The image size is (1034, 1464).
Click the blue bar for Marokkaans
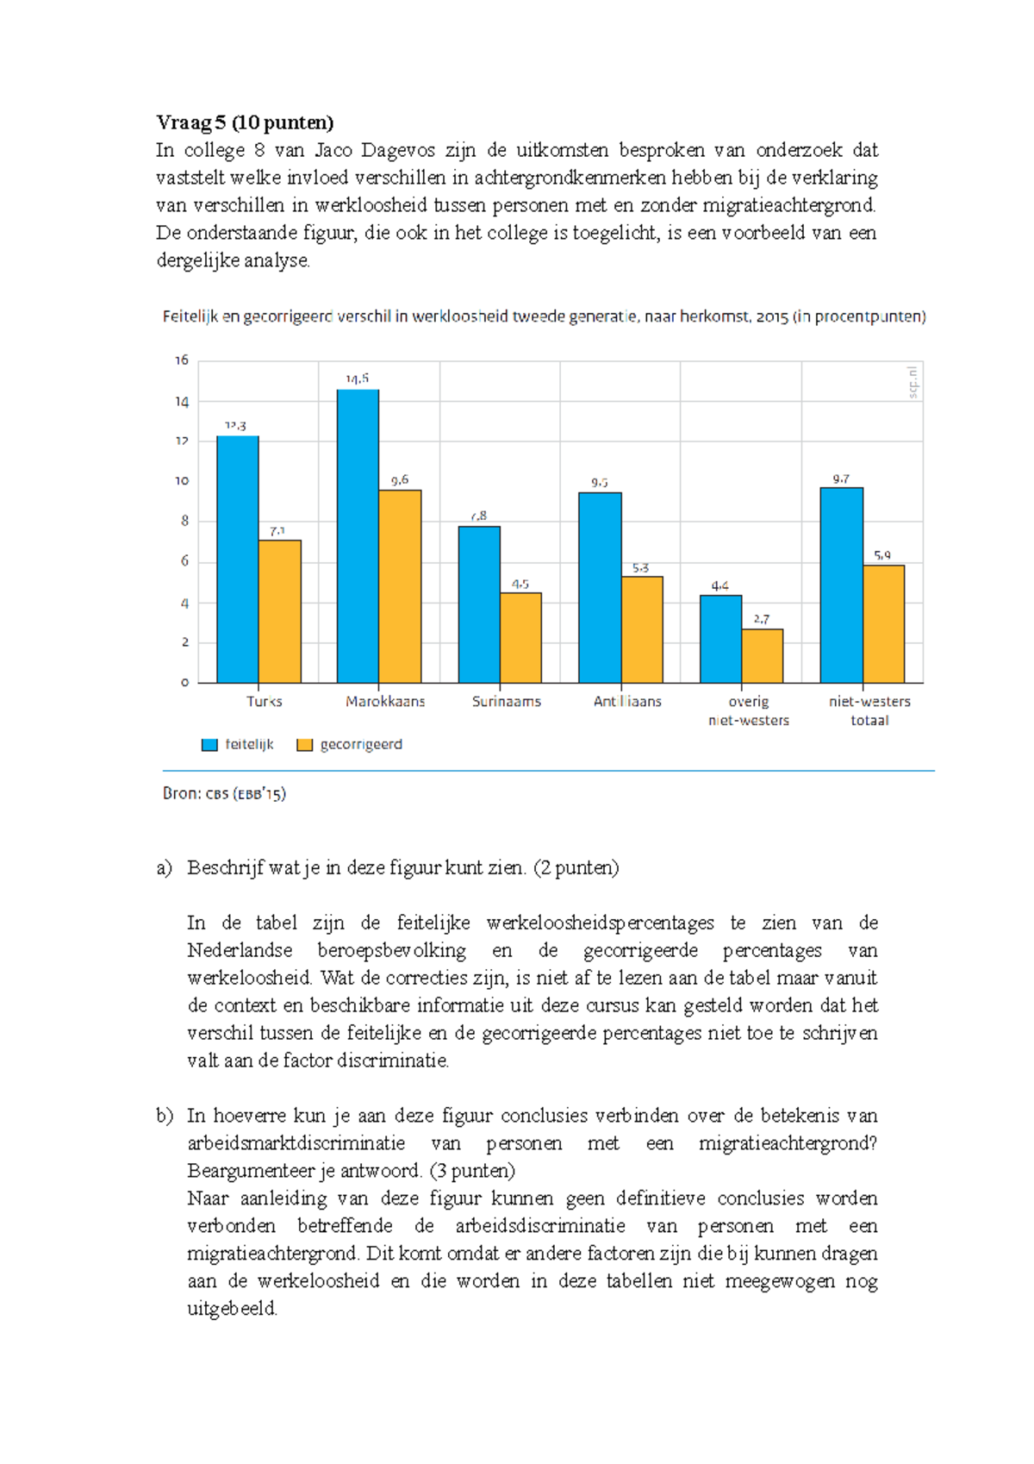(x=358, y=536)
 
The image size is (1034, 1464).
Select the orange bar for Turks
(x=280, y=611)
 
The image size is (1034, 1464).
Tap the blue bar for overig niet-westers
(x=720, y=639)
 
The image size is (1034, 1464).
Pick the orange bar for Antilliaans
(x=642, y=629)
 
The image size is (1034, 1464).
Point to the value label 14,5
(x=357, y=379)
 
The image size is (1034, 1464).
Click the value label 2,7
(x=762, y=619)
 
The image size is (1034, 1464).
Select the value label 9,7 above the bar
(x=841, y=479)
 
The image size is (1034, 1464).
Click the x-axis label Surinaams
(x=507, y=702)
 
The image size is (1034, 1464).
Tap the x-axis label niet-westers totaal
(x=869, y=710)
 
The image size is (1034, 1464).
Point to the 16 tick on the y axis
(x=182, y=360)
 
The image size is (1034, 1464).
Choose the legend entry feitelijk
(x=238, y=744)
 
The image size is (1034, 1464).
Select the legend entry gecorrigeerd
(x=350, y=744)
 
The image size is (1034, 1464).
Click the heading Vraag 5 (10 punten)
(x=245, y=122)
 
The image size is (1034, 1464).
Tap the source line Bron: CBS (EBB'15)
(x=224, y=793)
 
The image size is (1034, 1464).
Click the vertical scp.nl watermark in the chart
(x=913, y=381)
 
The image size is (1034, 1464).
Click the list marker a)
(x=164, y=867)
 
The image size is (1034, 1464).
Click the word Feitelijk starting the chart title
(x=190, y=316)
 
